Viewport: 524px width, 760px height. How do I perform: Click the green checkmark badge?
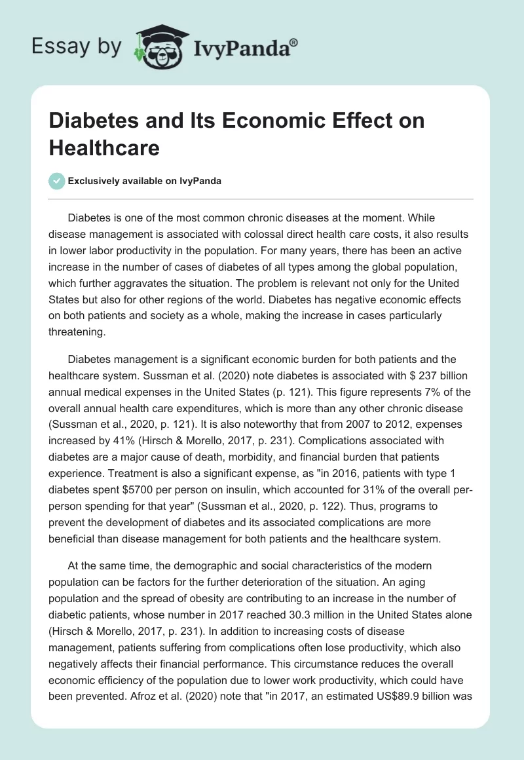(x=57, y=181)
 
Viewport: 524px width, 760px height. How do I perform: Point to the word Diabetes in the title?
(x=89, y=121)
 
